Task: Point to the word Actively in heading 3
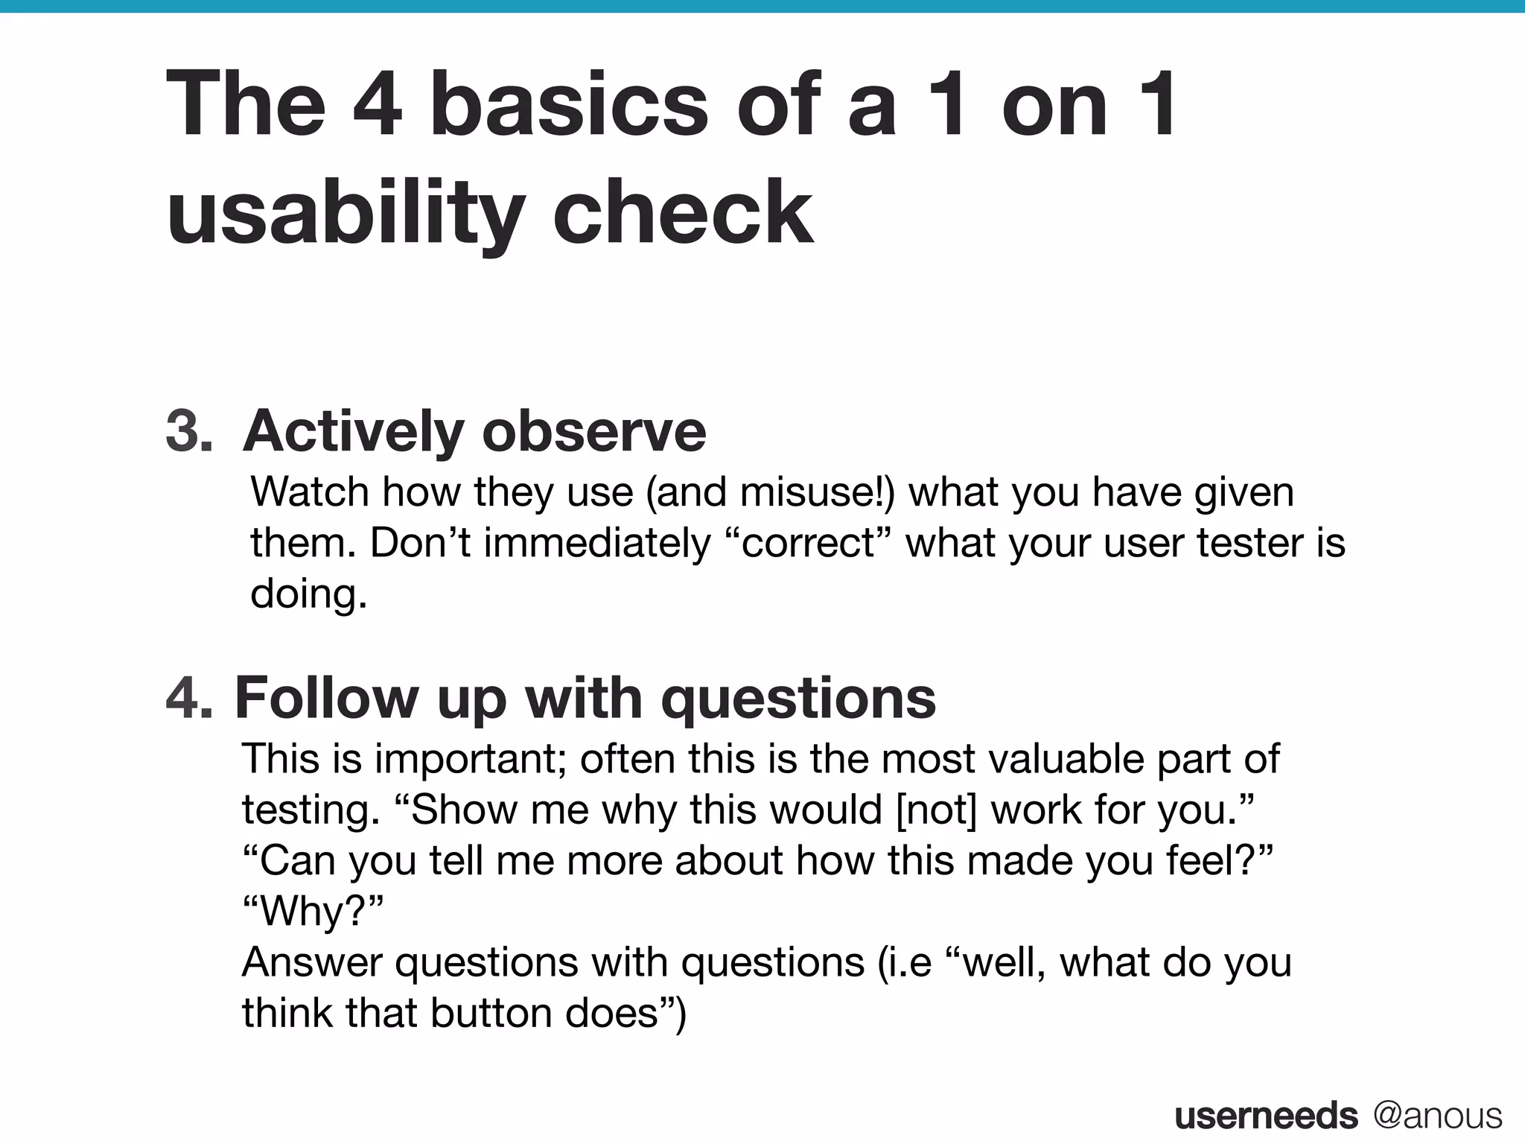[x=353, y=431]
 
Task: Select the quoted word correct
[x=809, y=542]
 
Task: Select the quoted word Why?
[x=313, y=911]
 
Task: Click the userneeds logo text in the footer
[x=1266, y=1116]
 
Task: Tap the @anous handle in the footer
[x=1438, y=1116]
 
